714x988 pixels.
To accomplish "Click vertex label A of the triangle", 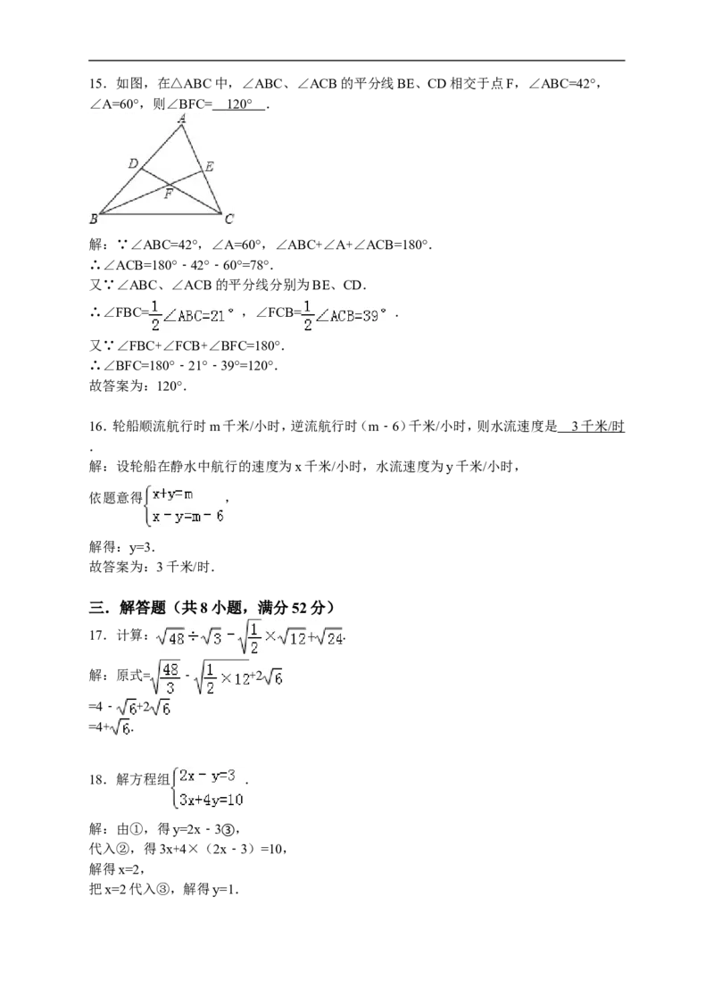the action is (181, 118).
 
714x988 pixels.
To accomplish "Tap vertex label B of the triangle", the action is (94, 220).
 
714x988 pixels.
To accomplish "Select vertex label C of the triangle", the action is (228, 220).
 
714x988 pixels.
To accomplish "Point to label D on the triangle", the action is (133, 163).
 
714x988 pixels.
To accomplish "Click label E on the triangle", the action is (209, 166).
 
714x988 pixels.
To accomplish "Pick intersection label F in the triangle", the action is (169, 194).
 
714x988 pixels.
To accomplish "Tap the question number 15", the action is (95, 84).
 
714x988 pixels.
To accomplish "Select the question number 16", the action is (95, 427).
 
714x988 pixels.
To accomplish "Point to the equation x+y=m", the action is (172, 494).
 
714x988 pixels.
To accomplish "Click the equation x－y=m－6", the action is (187, 517).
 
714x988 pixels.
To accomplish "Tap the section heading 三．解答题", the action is (128, 608).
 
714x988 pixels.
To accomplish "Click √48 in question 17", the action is (170, 637).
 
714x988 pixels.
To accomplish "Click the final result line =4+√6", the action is (111, 727).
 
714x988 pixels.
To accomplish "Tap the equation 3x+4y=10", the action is (212, 800).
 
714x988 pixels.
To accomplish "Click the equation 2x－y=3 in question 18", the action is (207, 776).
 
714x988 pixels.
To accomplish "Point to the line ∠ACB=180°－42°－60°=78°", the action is (181, 265).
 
